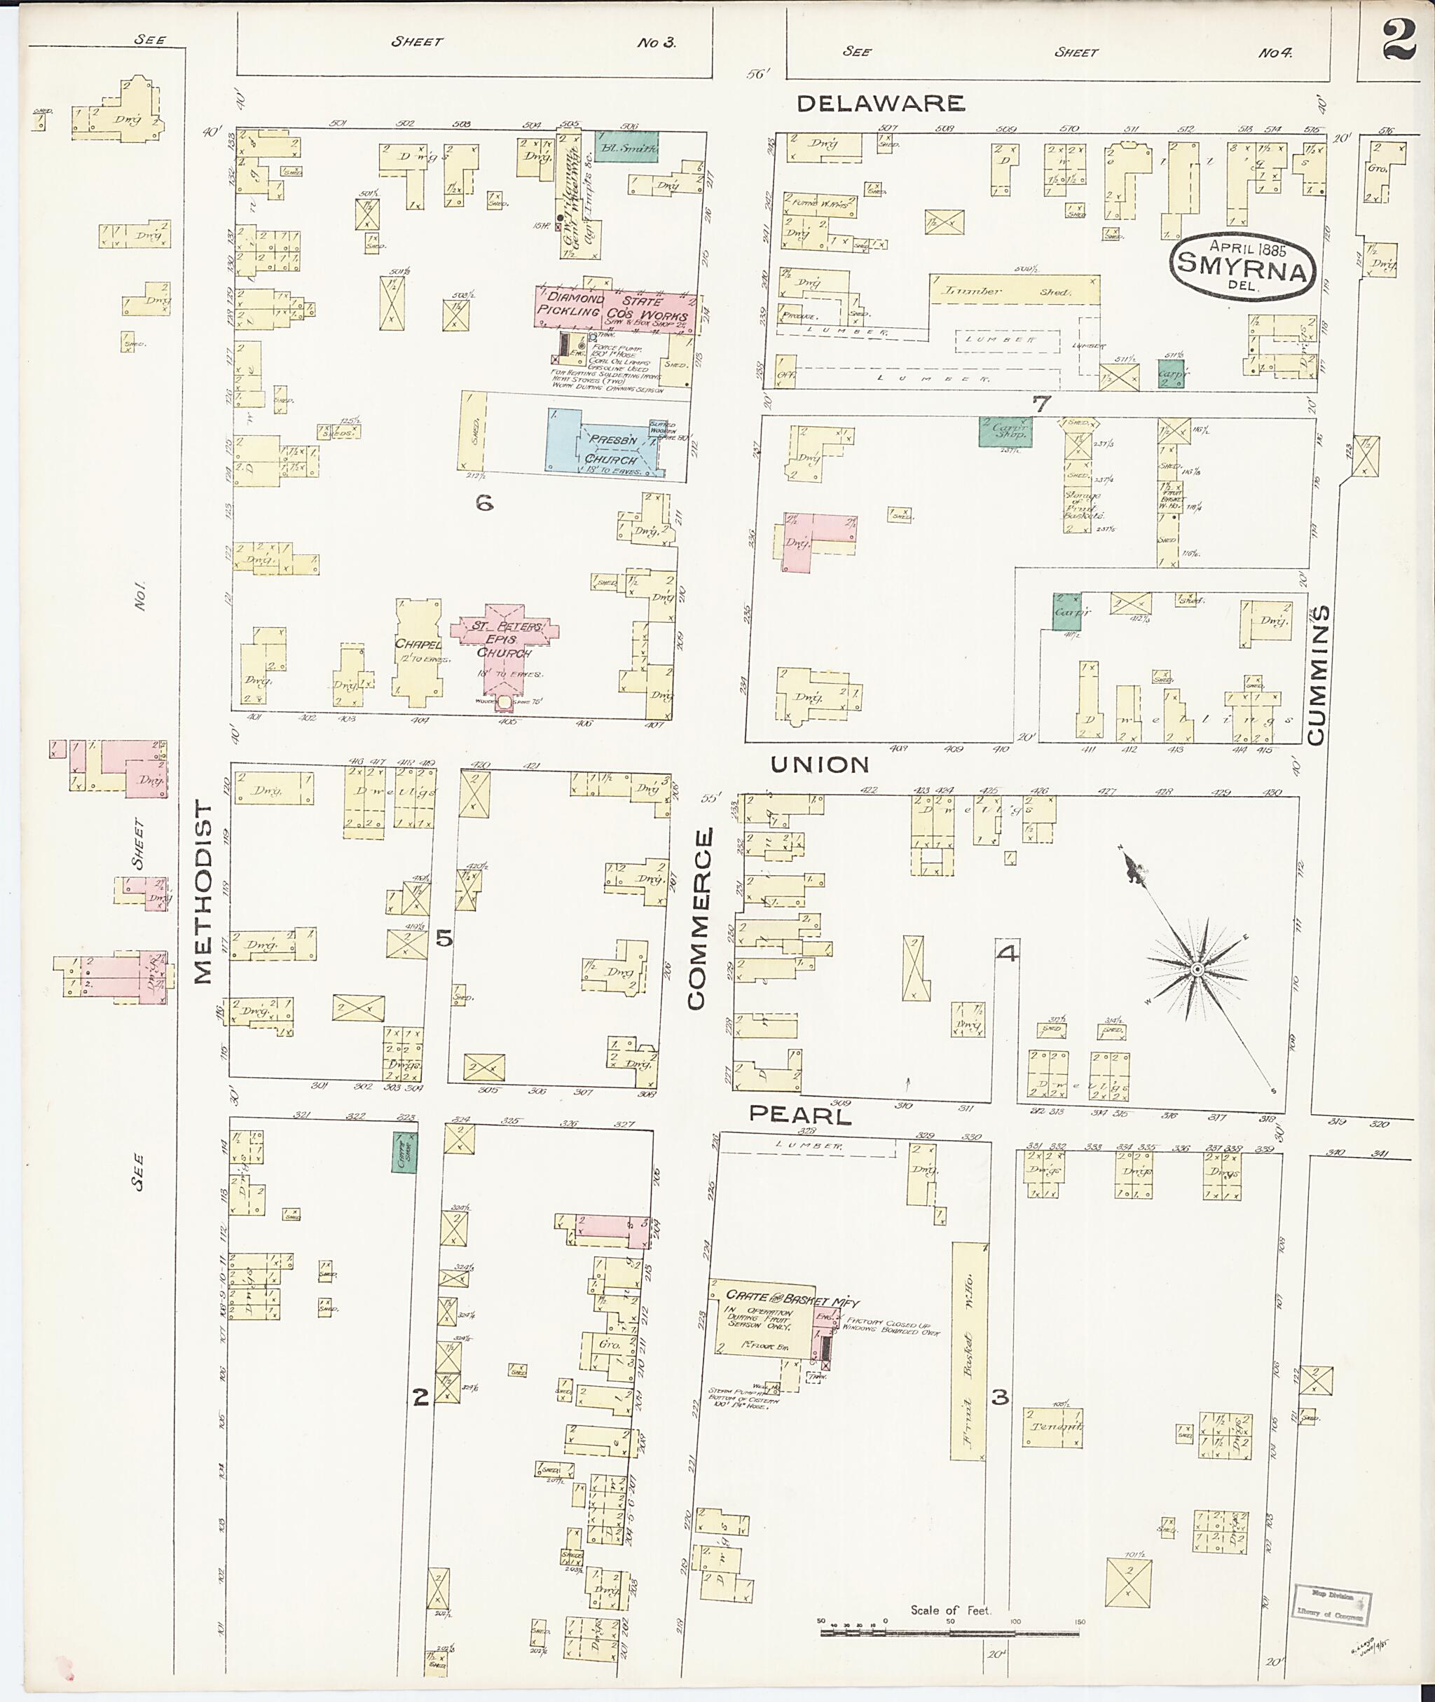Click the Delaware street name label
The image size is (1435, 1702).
pyautogui.click(x=880, y=103)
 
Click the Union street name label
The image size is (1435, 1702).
pyautogui.click(x=820, y=764)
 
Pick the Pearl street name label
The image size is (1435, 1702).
pyautogui.click(x=799, y=1116)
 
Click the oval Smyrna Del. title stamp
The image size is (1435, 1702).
pyautogui.click(x=1242, y=266)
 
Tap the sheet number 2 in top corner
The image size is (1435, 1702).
pyautogui.click(x=1398, y=39)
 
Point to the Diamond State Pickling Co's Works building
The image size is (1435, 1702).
pyautogui.click(x=616, y=307)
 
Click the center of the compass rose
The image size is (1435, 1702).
pyautogui.click(x=1197, y=971)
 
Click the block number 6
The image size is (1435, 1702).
pyautogui.click(x=484, y=504)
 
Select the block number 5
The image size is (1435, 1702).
pyautogui.click(x=444, y=938)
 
